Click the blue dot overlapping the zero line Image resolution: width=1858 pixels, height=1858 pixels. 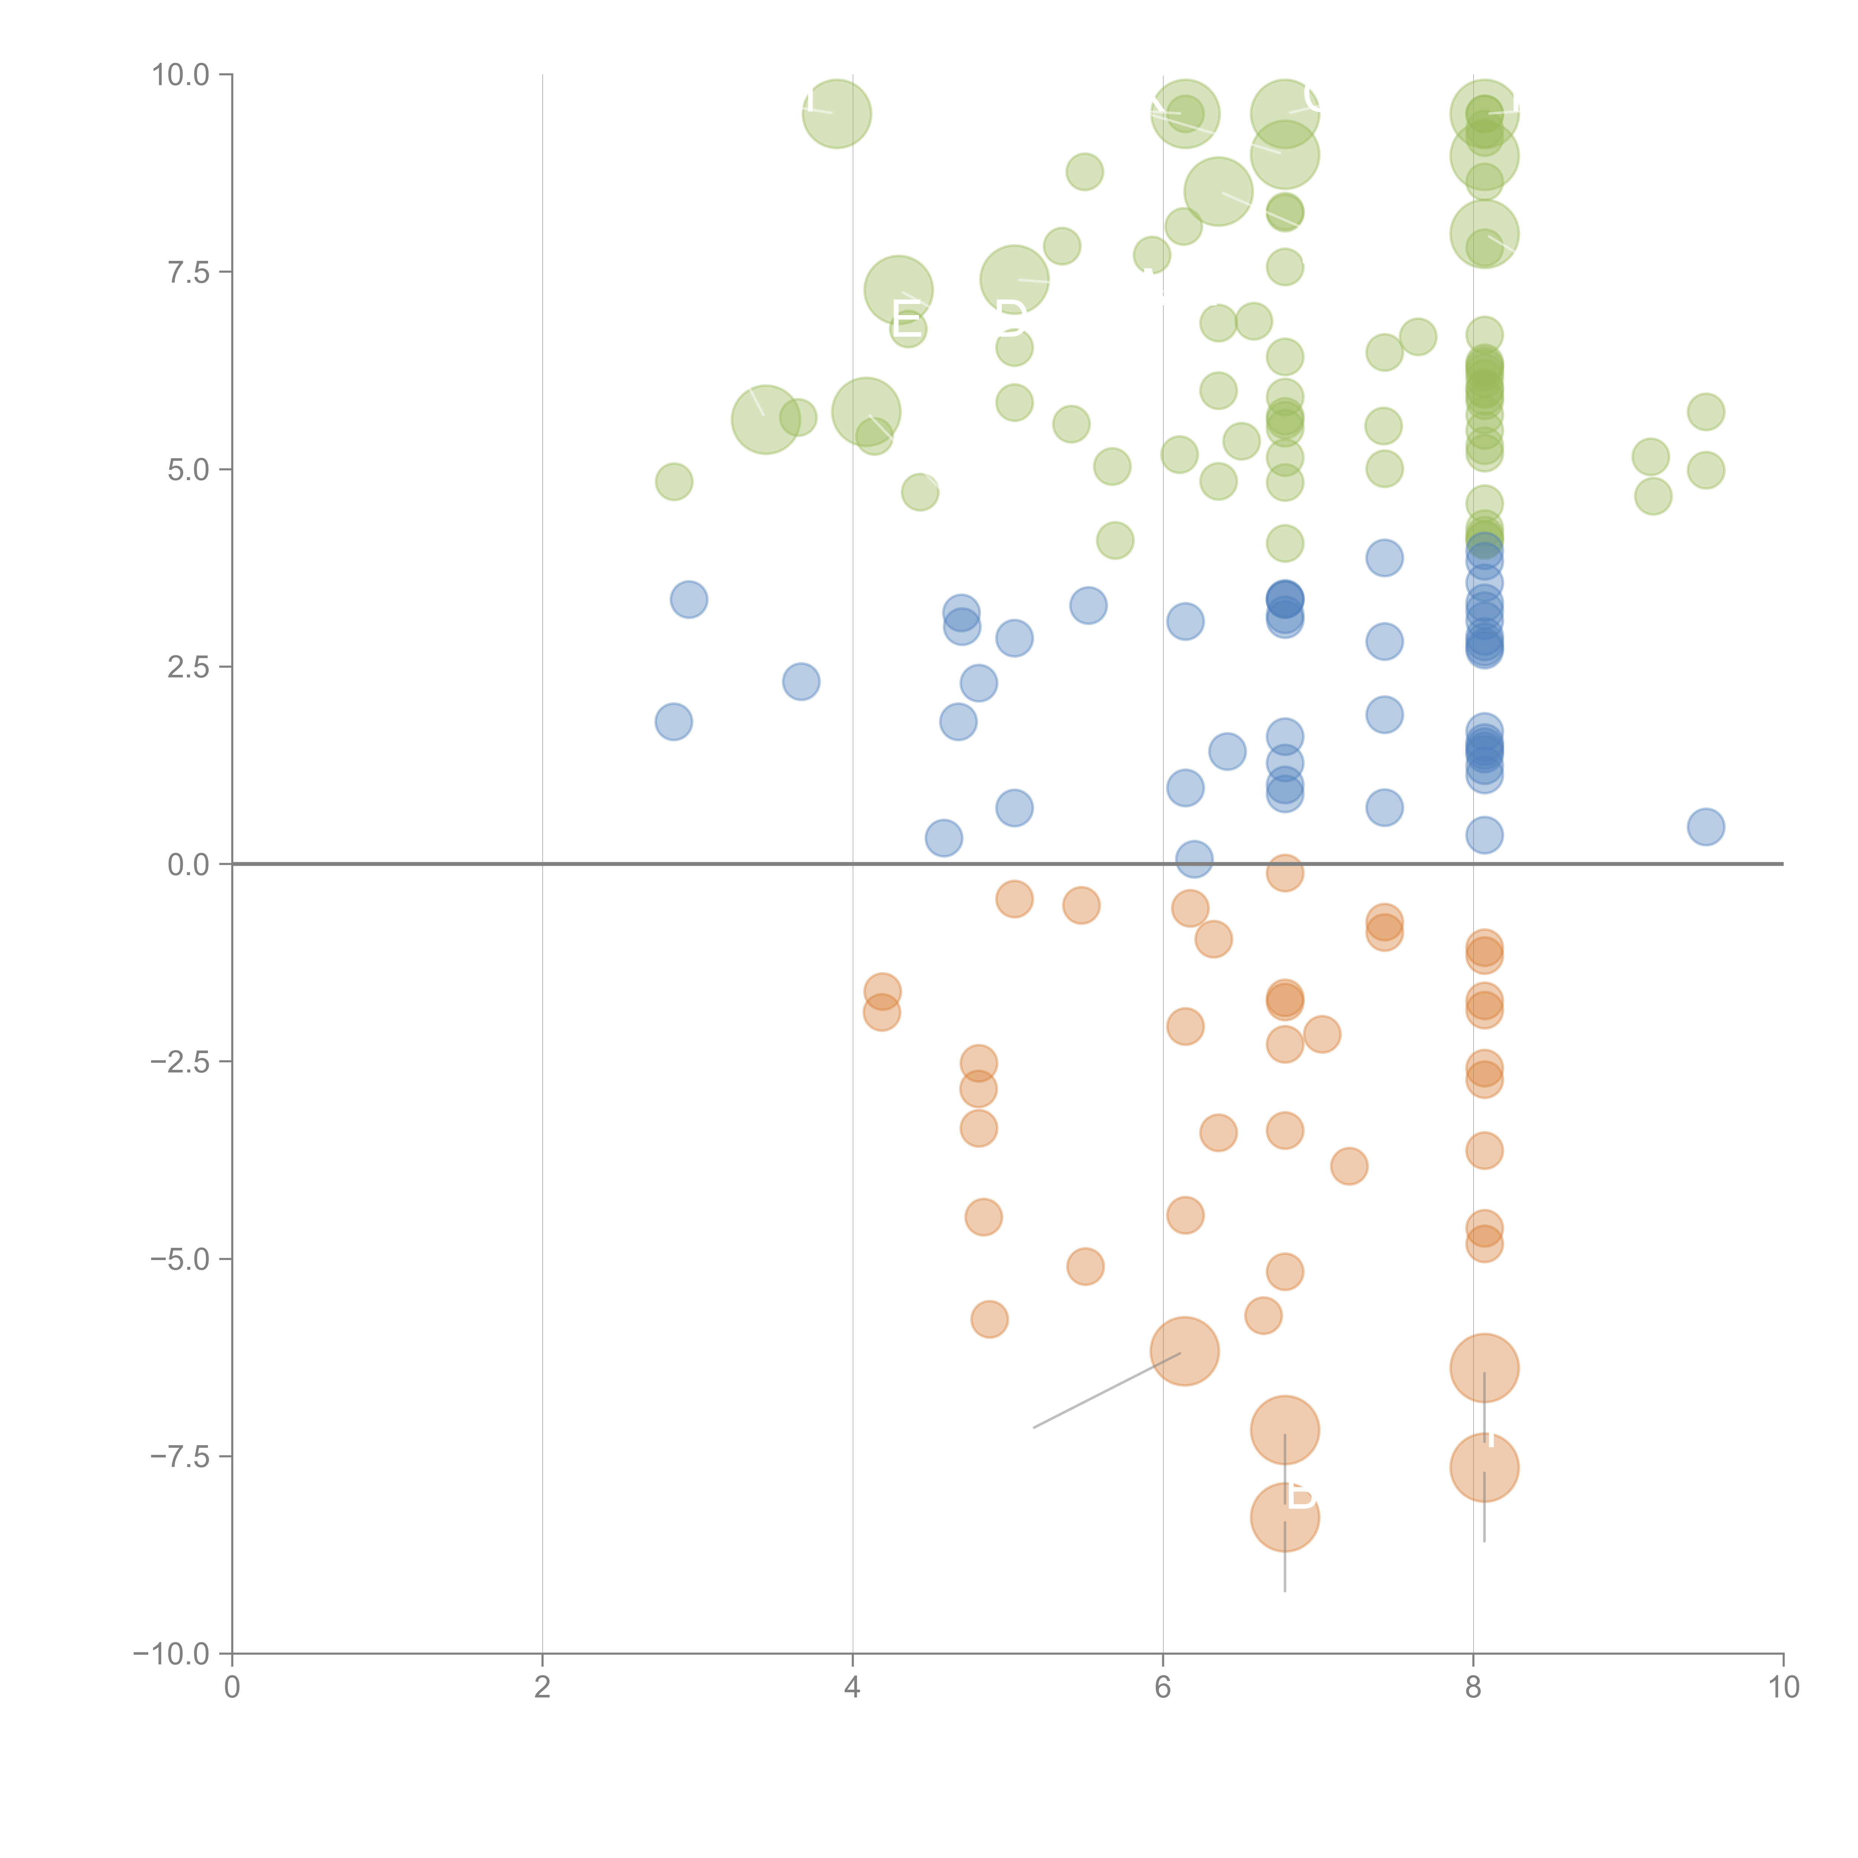coord(1194,859)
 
